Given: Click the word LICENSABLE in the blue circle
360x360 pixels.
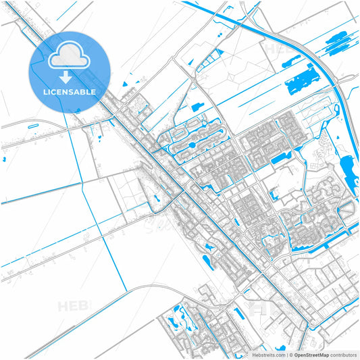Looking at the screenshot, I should click(x=70, y=91).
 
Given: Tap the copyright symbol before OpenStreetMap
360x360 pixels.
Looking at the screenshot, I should click(x=292, y=355).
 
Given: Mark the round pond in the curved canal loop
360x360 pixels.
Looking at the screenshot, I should click(x=192, y=144).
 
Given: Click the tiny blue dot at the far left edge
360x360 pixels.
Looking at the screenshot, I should click(x=5, y=160).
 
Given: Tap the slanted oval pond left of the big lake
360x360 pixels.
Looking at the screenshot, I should click(x=197, y=106).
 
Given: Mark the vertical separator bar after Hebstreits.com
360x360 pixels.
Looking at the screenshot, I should click(x=288, y=355).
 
